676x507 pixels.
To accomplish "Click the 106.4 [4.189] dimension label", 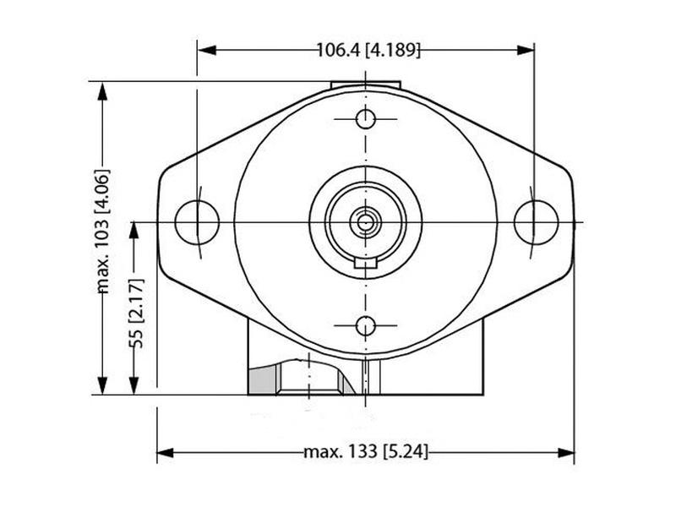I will click(x=368, y=50).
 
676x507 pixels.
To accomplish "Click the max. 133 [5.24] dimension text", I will click(x=366, y=453).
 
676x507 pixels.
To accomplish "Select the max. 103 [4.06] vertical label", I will click(x=103, y=231).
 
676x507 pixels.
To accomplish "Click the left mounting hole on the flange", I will click(x=196, y=221).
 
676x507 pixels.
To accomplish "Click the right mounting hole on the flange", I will click(x=536, y=221).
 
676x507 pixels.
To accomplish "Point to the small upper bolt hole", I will click(x=365, y=118).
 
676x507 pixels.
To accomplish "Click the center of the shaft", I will click(x=365, y=222).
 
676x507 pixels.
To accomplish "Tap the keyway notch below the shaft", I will click(x=365, y=266).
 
